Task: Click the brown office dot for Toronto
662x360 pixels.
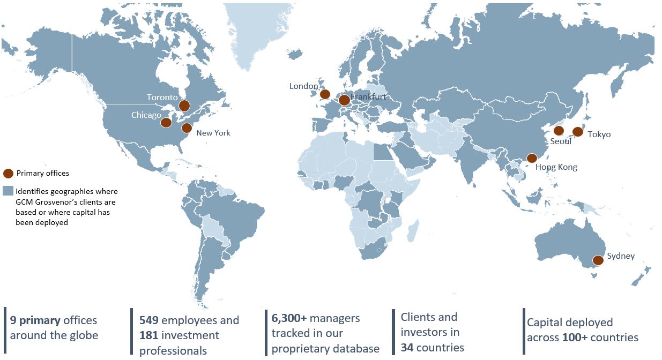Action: click(184, 106)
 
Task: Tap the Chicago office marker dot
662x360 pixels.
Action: click(166, 123)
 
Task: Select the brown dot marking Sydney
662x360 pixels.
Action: click(598, 260)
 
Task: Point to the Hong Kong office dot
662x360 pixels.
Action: click(532, 158)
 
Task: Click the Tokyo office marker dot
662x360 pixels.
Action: click(577, 131)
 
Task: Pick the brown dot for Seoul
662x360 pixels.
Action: click(559, 130)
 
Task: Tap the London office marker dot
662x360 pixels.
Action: click(325, 94)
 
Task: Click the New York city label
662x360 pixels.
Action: click(213, 133)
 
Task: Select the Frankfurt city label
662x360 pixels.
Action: click(368, 97)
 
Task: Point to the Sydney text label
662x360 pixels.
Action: click(621, 256)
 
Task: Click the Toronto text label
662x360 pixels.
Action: click(162, 97)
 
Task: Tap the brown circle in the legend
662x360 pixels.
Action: click(8, 173)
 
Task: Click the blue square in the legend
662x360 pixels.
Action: click(8, 191)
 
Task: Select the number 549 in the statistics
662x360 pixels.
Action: click(148, 320)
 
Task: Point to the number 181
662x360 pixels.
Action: click(148, 335)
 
